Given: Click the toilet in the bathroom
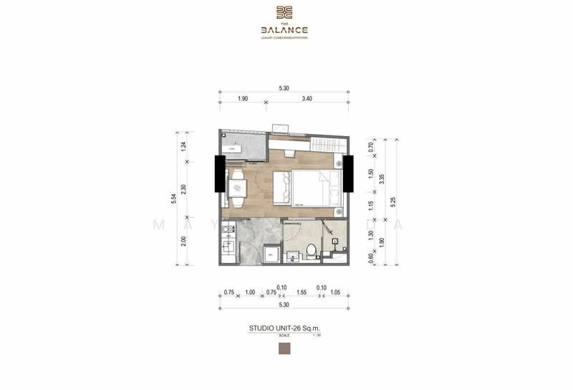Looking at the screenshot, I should tap(311, 251).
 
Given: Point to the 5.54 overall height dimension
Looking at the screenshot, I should tap(175, 199).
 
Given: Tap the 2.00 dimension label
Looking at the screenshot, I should tap(184, 241).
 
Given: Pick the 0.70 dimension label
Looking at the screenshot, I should tap(371, 148).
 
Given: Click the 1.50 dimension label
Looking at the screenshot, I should tap(371, 174).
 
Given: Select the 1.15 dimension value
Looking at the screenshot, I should tap(371, 205).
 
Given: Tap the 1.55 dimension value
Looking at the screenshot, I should tap(301, 292).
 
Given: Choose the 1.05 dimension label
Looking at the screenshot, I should tap(335, 292).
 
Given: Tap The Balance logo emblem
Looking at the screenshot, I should tap(284, 11).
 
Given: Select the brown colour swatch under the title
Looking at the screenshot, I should tap(284, 349).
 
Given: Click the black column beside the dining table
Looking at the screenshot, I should tap(219, 174).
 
